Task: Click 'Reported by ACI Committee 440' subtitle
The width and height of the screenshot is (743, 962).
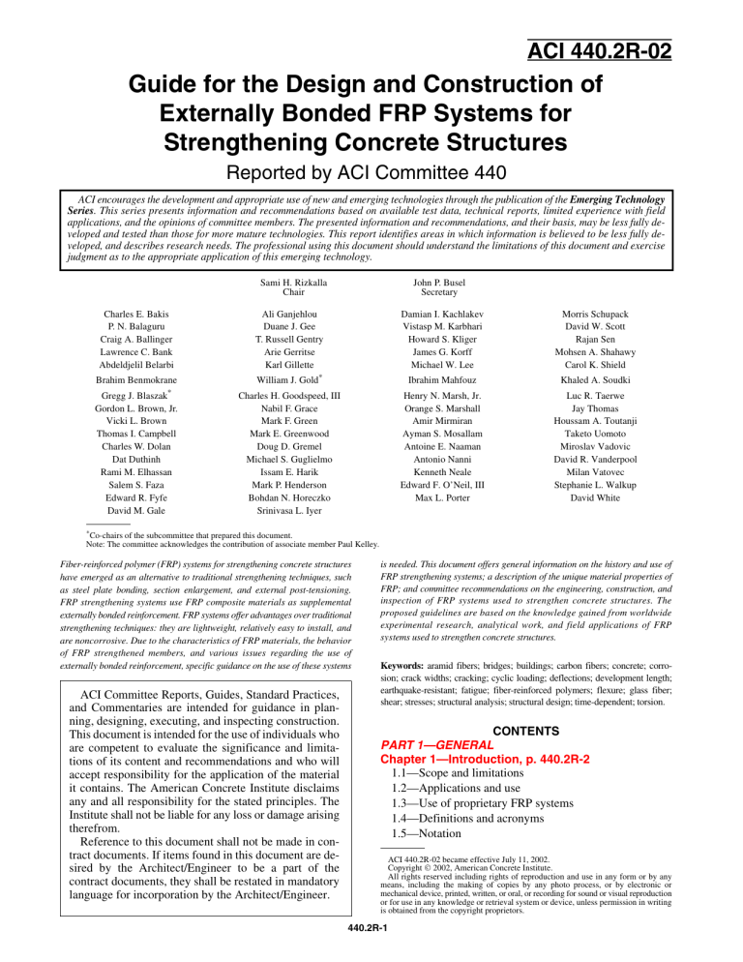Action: [x=371, y=200]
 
